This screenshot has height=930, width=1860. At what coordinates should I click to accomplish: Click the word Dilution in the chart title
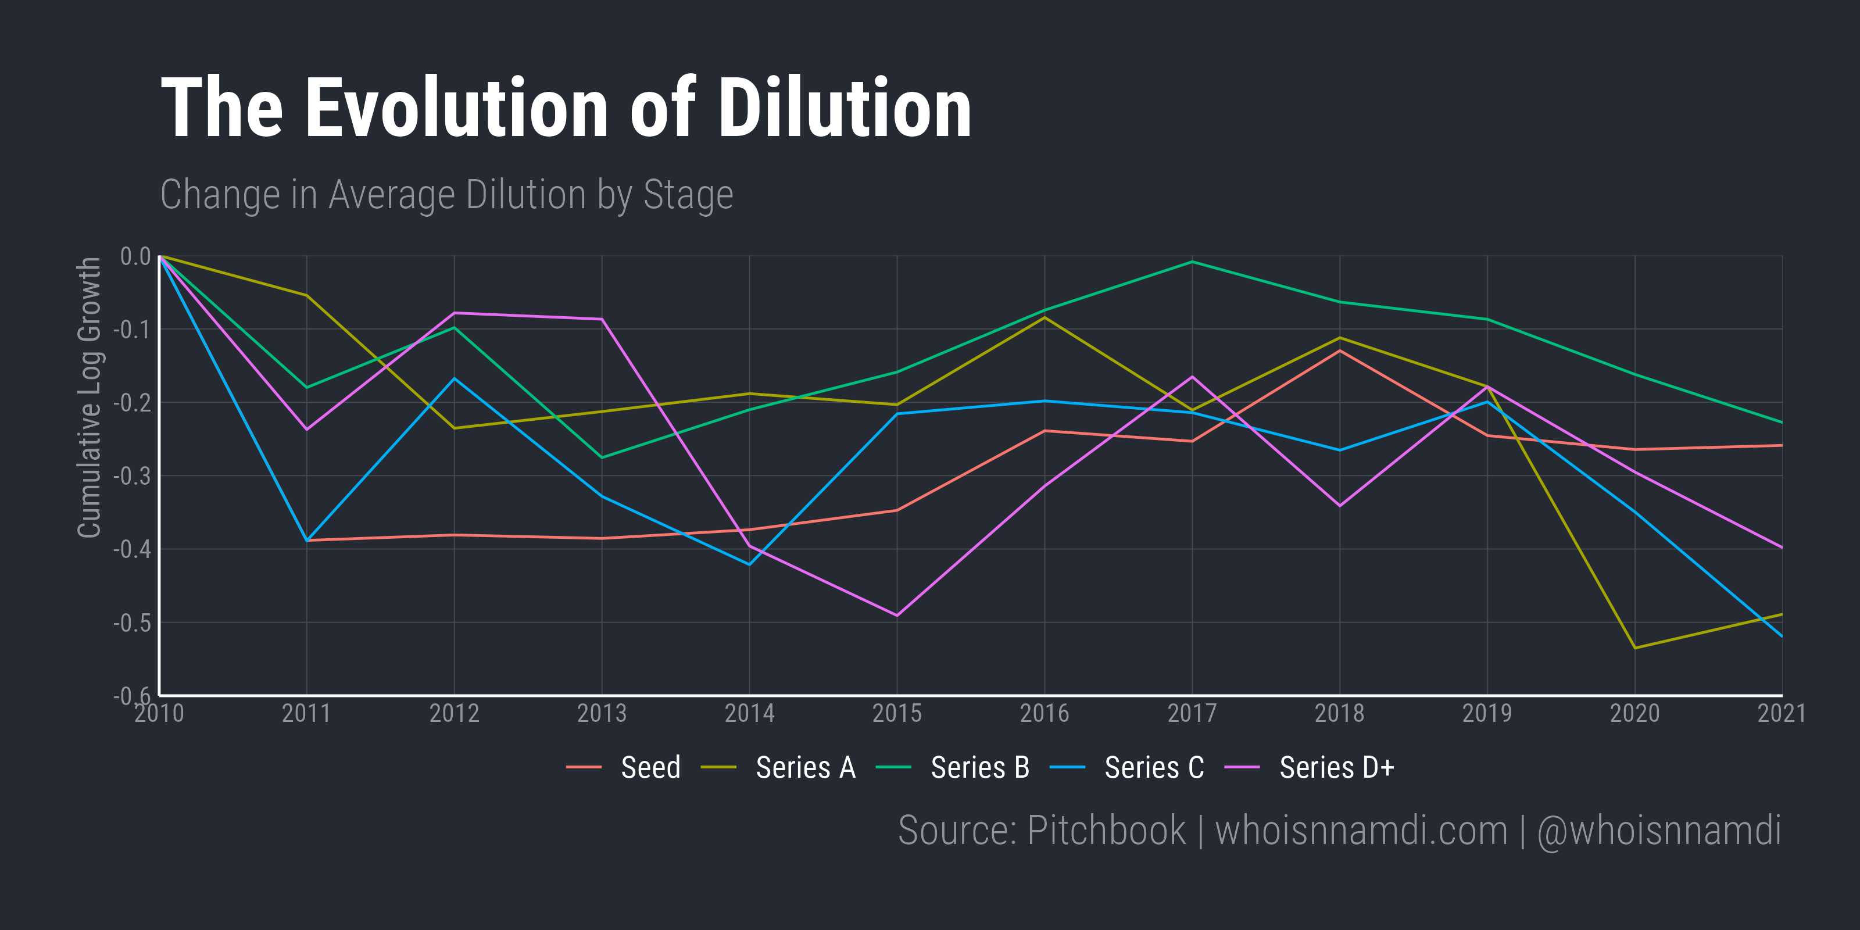[843, 108]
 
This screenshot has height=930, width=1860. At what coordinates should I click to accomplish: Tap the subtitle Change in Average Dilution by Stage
[446, 195]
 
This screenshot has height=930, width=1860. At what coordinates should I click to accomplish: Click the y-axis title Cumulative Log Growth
[90, 397]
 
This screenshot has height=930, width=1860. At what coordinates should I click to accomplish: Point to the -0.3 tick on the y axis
[132, 476]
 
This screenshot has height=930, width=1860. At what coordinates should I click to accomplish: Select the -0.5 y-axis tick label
[132, 623]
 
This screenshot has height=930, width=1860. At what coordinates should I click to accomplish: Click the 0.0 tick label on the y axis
[135, 256]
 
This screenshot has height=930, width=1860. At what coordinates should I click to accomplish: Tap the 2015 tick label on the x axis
[897, 713]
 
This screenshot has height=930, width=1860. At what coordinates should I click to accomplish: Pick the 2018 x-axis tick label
[1339, 713]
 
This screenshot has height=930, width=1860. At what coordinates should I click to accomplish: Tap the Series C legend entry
[1154, 767]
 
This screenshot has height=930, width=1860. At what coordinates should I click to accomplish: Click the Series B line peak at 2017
[1192, 262]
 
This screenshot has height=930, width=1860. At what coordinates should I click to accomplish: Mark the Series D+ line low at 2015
[897, 615]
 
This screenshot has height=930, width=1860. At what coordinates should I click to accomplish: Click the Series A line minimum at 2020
[1634, 648]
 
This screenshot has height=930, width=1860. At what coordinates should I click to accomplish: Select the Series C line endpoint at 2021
[1782, 636]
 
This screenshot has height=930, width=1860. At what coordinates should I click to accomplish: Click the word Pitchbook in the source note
[1106, 831]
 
